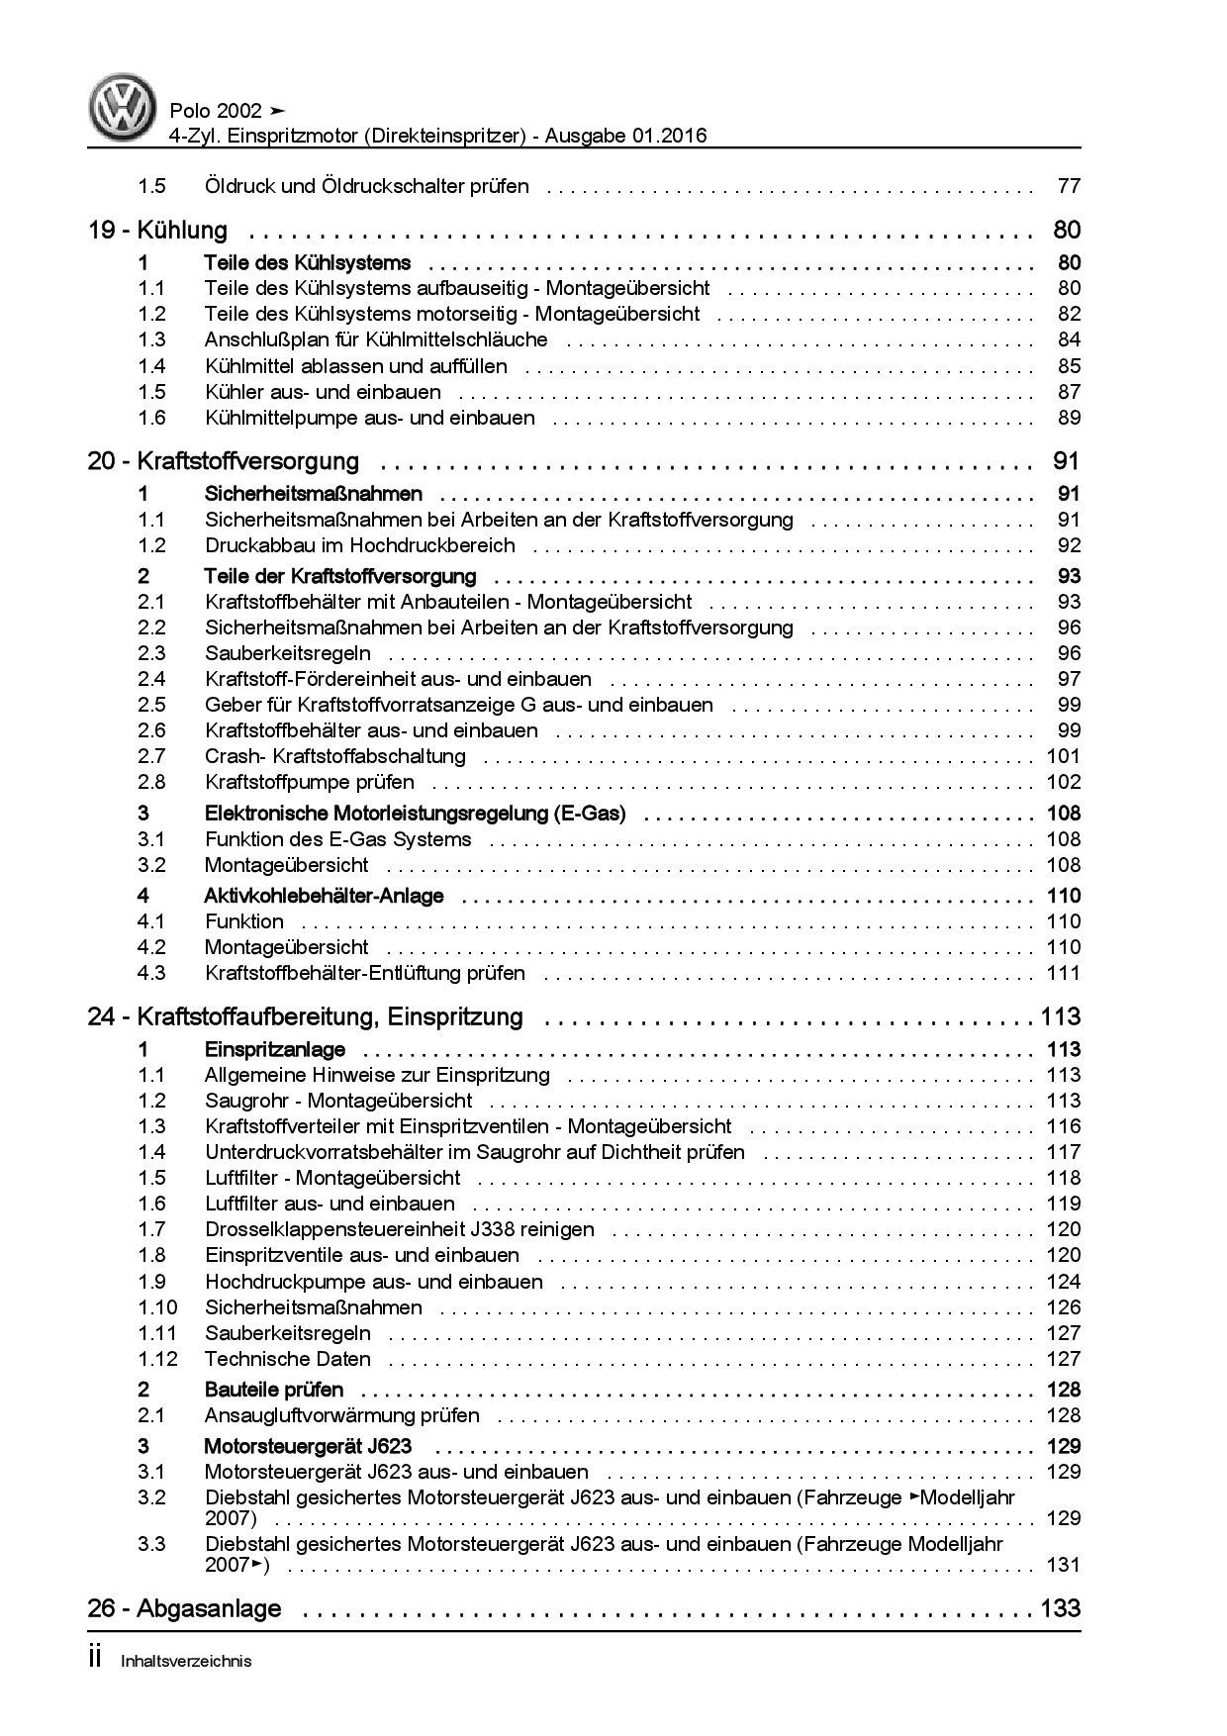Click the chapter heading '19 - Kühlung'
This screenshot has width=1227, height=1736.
pyautogui.click(x=157, y=231)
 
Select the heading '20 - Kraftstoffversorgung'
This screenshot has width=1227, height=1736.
pyautogui.click(x=223, y=461)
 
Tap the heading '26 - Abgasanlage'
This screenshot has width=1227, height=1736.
pyautogui.click(x=184, y=1609)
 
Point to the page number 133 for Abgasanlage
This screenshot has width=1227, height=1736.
pyautogui.click(x=1060, y=1609)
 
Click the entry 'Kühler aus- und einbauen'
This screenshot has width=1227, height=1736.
pyautogui.click(x=323, y=392)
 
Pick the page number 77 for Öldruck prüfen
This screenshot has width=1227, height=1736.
pyautogui.click(x=1069, y=186)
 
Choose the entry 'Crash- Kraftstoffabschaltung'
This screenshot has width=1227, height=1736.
pyautogui.click(x=334, y=756)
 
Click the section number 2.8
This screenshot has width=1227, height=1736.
pyautogui.click(x=151, y=782)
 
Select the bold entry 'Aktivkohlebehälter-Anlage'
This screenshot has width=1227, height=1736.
pyautogui.click(x=324, y=896)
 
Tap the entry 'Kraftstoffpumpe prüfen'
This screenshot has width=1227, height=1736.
pyautogui.click(x=309, y=782)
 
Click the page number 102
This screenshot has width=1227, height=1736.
pyautogui.click(x=1063, y=782)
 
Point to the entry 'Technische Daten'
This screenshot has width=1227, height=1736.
pyautogui.click(x=287, y=1359)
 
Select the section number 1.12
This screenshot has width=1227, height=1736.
pyautogui.click(x=157, y=1359)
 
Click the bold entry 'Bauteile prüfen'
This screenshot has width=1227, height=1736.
pyautogui.click(x=273, y=1390)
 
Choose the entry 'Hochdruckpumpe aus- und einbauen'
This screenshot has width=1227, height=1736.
pyautogui.click(x=373, y=1282)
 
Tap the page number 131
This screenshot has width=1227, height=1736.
pyautogui.click(x=1063, y=1565)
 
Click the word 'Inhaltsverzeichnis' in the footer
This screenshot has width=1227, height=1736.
pyautogui.click(x=185, y=1662)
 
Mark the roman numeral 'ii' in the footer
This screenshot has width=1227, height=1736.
pyautogui.click(x=95, y=1660)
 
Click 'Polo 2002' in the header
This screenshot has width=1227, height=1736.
pyautogui.click(x=216, y=111)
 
